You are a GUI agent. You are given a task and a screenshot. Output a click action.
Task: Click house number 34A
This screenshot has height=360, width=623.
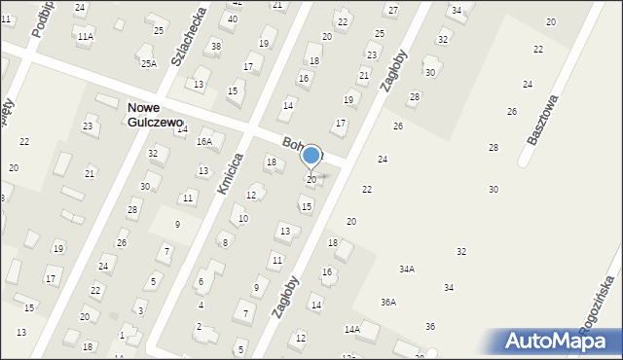pyautogui.click(x=406, y=269)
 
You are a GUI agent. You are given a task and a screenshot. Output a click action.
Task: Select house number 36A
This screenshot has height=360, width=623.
pyautogui.click(x=387, y=303)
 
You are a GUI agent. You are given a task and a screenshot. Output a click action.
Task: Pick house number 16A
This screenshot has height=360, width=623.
pyautogui.click(x=203, y=141)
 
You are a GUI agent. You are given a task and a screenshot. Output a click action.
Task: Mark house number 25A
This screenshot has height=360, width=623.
pyautogui.click(x=148, y=63)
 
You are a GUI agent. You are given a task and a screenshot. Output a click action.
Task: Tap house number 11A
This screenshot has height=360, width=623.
pyautogui.click(x=86, y=36)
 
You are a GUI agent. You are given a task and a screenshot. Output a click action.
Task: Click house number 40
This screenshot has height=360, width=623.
pyautogui.click(x=232, y=18)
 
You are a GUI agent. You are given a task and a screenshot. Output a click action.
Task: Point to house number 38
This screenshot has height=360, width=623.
pyautogui.click(x=215, y=46)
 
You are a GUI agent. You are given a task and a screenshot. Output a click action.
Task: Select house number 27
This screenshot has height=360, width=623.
pyautogui.click(x=391, y=10)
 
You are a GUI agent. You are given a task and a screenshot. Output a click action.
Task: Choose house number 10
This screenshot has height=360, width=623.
pyautogui.click(x=243, y=218)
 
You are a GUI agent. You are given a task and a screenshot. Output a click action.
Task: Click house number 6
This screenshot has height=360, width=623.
pyautogui.click(x=201, y=282)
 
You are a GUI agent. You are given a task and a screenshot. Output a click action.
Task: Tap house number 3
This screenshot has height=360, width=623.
pyautogui.click(x=140, y=310)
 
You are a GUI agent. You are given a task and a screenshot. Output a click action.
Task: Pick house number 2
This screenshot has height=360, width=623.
pyautogui.click(x=199, y=326)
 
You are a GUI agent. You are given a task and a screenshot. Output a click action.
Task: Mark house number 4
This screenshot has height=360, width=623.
pyautogui.click(x=201, y=305)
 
